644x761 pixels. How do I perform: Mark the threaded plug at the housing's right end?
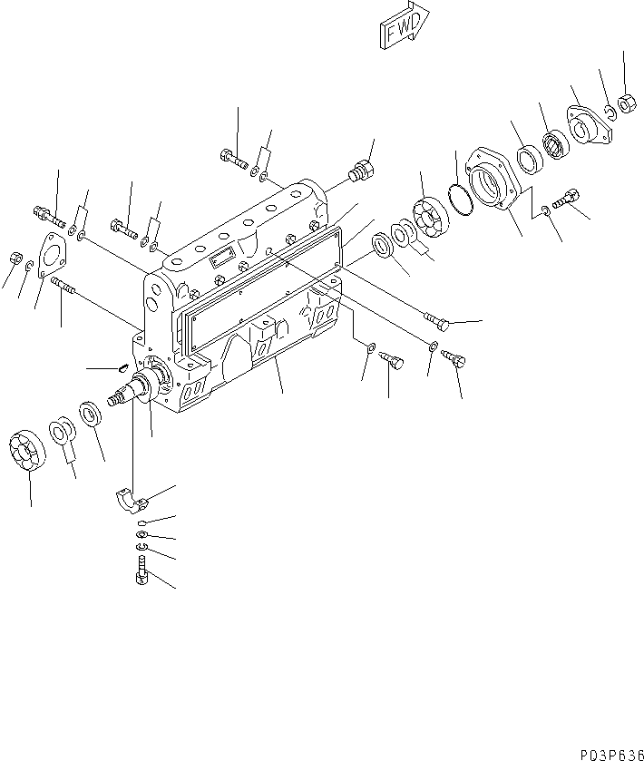coord(360,171)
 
